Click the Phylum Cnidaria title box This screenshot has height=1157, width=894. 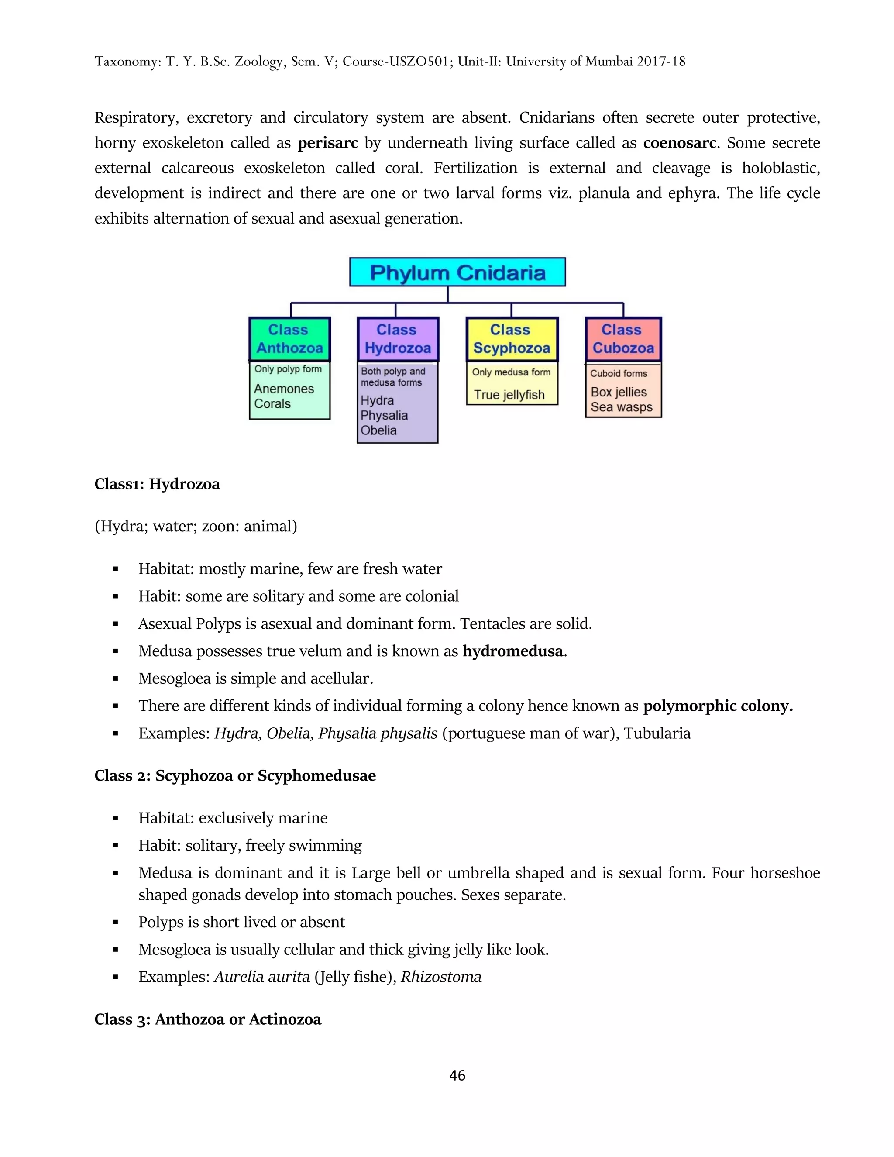(x=457, y=272)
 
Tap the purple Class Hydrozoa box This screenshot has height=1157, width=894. (x=397, y=339)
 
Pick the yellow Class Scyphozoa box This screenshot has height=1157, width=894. (x=512, y=339)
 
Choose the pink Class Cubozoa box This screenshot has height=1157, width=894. (x=623, y=339)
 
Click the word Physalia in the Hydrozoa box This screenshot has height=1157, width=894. (x=384, y=415)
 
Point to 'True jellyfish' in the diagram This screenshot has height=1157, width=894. (x=509, y=395)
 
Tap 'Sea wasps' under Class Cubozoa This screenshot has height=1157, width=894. (x=621, y=407)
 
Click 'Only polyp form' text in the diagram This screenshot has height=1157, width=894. (x=288, y=369)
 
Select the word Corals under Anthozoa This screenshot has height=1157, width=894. (x=272, y=404)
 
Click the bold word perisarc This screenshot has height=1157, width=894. (x=328, y=143)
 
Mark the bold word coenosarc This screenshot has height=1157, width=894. (x=680, y=143)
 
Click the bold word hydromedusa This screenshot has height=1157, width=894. (x=512, y=651)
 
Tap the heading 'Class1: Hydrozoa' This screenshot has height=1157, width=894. (x=157, y=484)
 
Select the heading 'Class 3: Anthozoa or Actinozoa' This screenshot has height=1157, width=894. (x=208, y=1019)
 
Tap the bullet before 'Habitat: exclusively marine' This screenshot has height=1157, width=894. (x=115, y=819)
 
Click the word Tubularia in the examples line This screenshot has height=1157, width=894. (x=657, y=734)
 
